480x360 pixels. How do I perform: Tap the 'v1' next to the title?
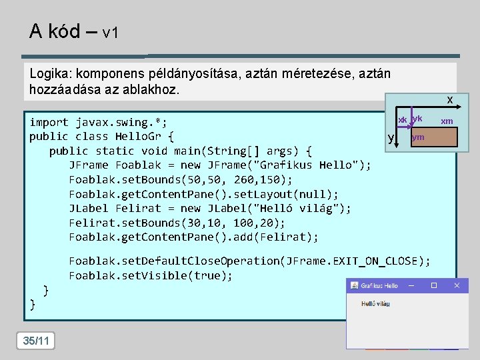[111, 33]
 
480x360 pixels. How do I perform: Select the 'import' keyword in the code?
[49, 122]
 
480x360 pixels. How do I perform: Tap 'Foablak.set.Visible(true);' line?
[150, 275]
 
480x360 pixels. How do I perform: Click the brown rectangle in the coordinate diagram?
[433, 137]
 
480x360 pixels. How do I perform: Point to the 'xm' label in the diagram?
[447, 121]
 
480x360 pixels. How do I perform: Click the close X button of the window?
[457, 285]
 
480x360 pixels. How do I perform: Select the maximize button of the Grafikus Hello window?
[434, 285]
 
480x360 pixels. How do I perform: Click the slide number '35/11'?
[36, 341]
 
